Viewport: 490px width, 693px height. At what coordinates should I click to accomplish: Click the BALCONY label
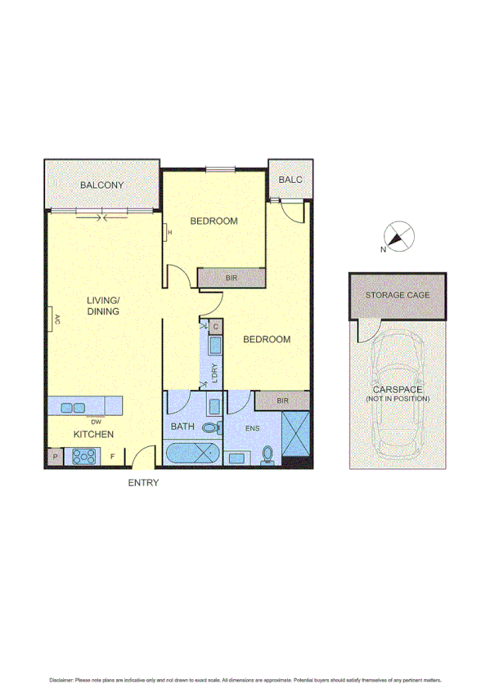(102, 186)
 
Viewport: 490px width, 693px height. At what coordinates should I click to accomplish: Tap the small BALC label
(290, 180)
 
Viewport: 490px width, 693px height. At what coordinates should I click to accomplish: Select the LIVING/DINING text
(104, 306)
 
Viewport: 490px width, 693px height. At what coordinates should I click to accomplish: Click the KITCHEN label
(94, 434)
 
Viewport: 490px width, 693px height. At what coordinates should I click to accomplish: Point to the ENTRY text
(143, 483)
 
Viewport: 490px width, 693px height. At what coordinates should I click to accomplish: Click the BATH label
(182, 427)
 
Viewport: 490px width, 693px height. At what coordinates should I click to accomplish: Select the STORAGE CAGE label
(398, 295)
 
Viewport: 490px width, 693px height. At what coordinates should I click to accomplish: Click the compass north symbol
(398, 238)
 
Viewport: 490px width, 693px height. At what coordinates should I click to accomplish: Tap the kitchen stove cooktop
(85, 457)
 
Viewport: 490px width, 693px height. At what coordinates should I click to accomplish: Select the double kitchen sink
(71, 406)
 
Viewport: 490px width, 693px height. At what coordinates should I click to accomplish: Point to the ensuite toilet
(267, 454)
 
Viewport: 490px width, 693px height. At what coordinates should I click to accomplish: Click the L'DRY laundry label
(215, 372)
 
